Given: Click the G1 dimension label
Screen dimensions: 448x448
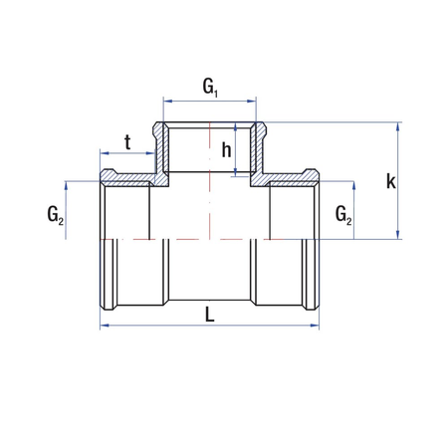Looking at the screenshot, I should [x=210, y=87].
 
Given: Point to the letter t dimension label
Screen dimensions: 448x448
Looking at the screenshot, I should [x=127, y=142].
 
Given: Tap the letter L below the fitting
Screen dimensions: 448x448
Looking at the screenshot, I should [x=209, y=314].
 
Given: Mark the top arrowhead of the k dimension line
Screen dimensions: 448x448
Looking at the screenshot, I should [x=399, y=126].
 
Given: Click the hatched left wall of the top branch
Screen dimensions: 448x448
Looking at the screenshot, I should [x=159, y=149].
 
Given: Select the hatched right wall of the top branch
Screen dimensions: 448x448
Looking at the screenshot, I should [x=263, y=149].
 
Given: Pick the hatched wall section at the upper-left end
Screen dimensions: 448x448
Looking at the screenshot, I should [x=124, y=179].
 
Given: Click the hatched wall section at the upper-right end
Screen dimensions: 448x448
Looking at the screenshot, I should [x=294, y=179].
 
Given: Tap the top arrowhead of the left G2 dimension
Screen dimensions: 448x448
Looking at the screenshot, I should [x=68, y=185].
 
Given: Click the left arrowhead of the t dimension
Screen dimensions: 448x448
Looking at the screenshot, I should [x=104, y=155].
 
